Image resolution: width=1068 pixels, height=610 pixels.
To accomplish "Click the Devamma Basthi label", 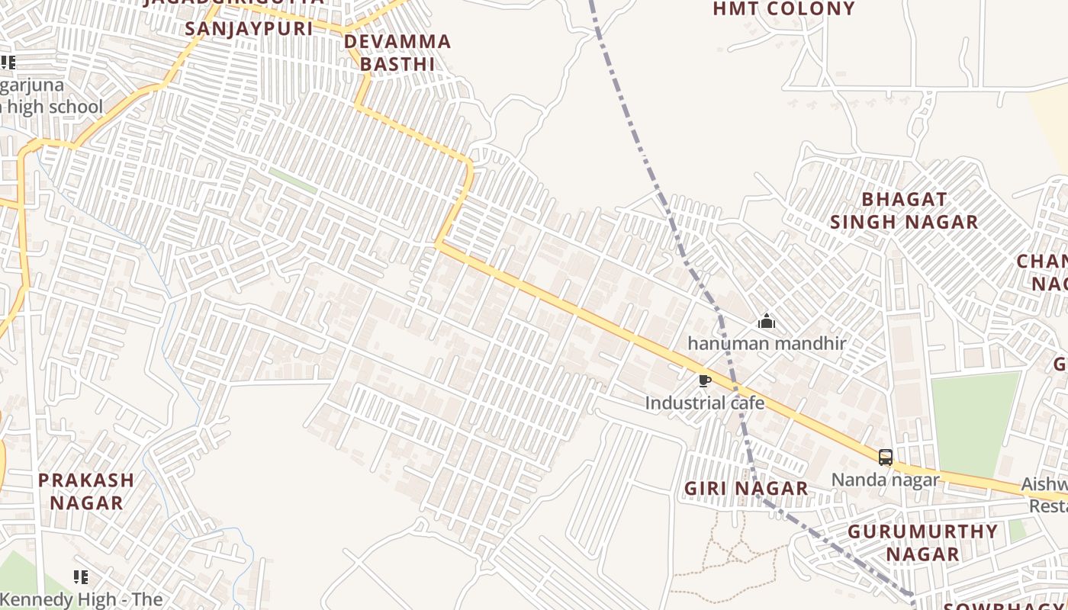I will [x=397, y=52].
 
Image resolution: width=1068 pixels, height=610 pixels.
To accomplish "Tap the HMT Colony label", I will [x=783, y=9].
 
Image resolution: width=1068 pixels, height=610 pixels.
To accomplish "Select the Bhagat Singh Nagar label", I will [x=904, y=210].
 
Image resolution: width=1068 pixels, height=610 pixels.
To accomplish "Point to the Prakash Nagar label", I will [x=86, y=491].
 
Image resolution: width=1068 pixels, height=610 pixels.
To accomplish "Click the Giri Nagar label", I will [x=745, y=488].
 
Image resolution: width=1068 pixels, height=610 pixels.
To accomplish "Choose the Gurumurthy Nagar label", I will [x=922, y=542].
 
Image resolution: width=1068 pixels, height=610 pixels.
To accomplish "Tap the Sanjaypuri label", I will [x=249, y=28].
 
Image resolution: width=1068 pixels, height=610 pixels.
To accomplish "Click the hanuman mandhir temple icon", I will [x=767, y=321].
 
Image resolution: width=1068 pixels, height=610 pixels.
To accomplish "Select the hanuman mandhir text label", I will [x=767, y=343].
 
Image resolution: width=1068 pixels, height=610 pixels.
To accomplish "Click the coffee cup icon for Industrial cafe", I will [x=704, y=380].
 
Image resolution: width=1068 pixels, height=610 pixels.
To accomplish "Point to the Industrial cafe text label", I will [x=704, y=403].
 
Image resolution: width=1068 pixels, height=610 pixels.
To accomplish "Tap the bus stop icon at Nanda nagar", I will [x=885, y=457].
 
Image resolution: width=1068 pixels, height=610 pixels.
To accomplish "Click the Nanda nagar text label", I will [x=885, y=480].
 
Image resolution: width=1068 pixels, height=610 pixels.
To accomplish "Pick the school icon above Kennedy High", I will [x=80, y=576].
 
